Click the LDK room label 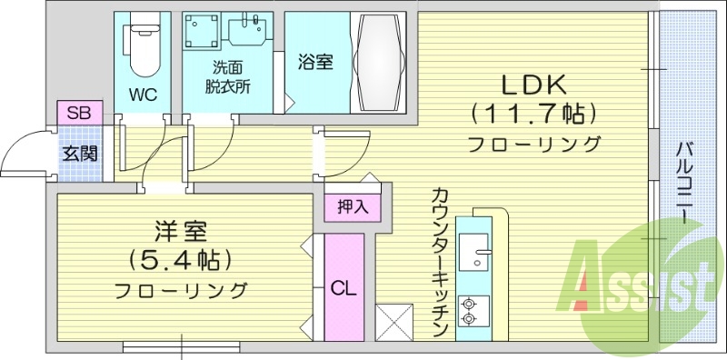point(534,85)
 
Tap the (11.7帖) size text point(534,115)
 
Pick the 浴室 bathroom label point(314,62)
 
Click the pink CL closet point(344,288)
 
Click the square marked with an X point(394,322)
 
